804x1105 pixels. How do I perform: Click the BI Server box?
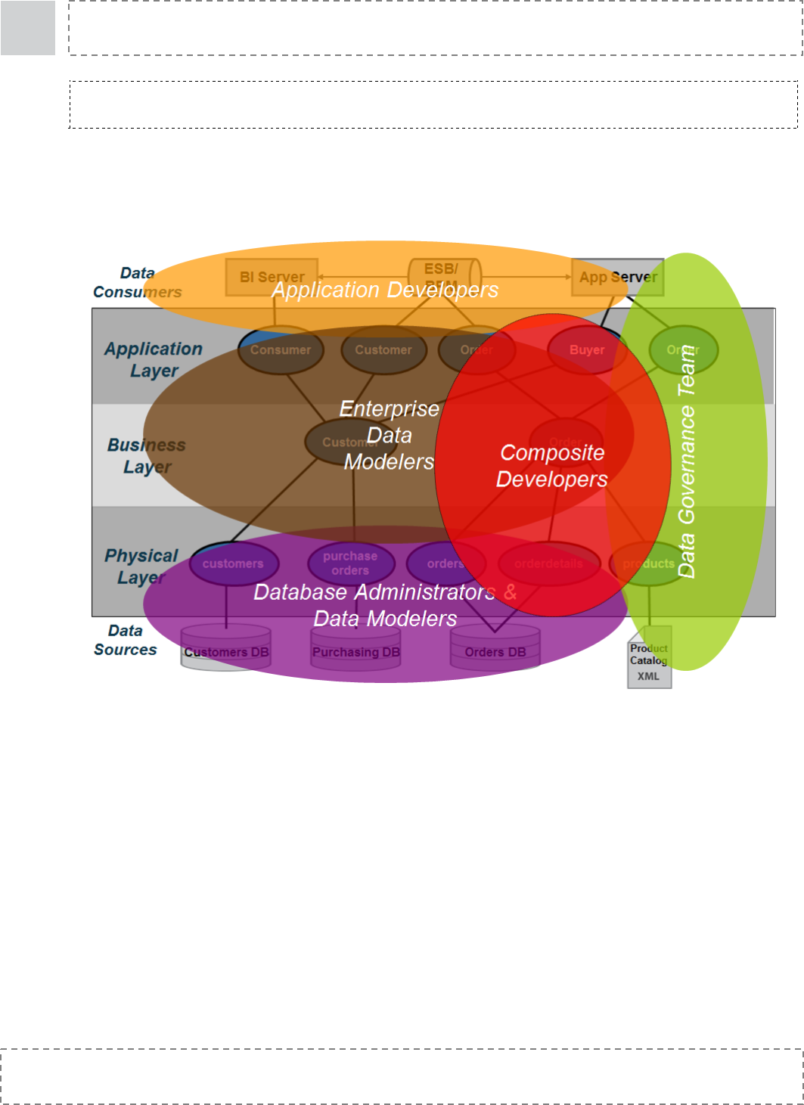click(272, 277)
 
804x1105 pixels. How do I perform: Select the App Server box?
click(617, 277)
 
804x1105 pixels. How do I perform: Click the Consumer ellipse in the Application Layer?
click(281, 350)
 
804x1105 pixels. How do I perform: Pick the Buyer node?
click(587, 350)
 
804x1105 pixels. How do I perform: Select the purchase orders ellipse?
click(350, 563)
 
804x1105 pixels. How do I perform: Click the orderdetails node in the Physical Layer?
click(548, 563)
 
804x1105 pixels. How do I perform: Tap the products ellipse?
click(648, 563)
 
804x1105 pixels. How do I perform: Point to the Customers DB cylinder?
click(226, 648)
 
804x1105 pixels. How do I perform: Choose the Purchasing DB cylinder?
click(356, 648)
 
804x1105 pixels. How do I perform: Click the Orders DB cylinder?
click(495, 648)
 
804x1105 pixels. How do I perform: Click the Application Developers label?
click(385, 290)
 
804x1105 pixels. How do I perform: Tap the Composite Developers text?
click(552, 466)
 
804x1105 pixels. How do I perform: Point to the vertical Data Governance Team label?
click(687, 462)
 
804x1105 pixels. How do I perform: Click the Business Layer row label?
click(147, 456)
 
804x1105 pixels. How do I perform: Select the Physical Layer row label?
click(141, 566)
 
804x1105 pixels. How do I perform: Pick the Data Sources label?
click(126, 640)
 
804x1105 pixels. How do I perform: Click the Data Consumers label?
click(138, 282)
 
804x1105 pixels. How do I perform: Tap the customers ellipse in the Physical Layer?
click(233, 563)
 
